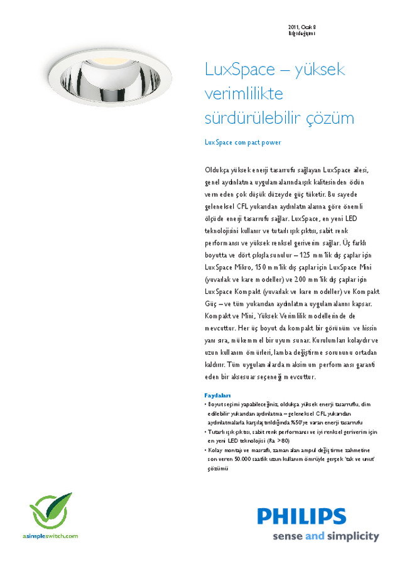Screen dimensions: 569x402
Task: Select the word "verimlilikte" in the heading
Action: click(x=244, y=94)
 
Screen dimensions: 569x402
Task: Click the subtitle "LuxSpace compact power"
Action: click(x=242, y=143)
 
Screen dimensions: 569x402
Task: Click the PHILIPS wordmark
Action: click(x=301, y=517)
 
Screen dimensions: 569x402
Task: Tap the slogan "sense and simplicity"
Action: click(x=325, y=536)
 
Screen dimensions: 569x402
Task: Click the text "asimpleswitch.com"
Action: click(x=50, y=536)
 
